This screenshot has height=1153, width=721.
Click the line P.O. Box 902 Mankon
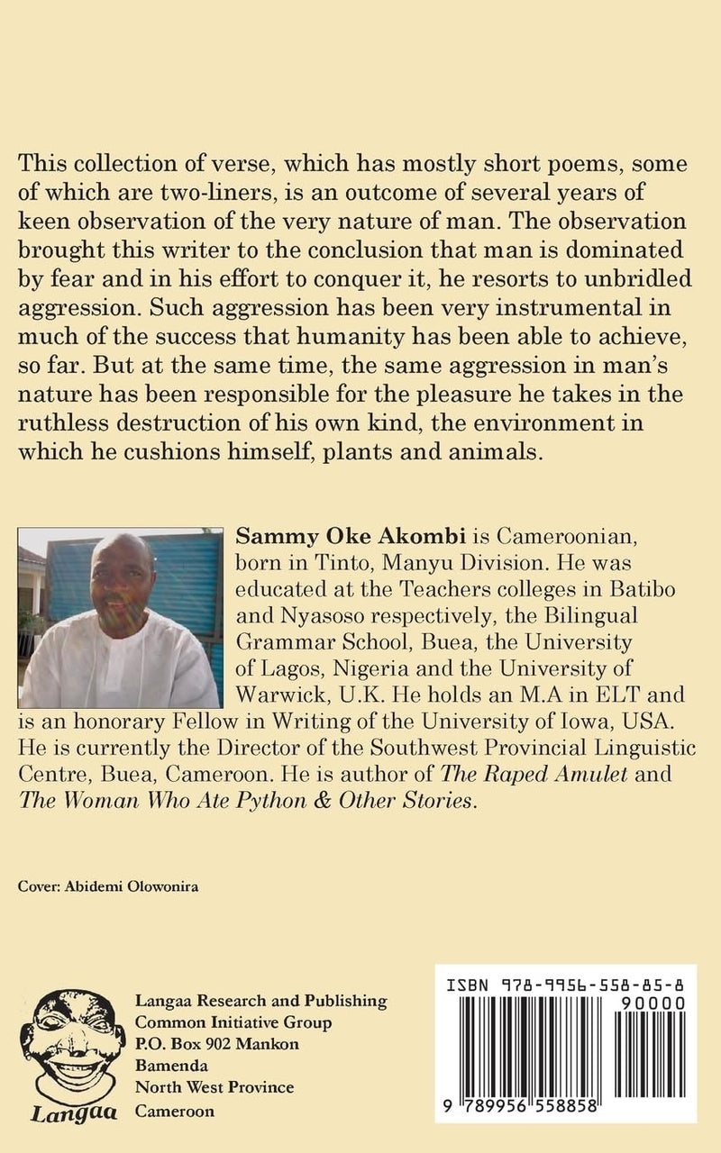[216, 1044]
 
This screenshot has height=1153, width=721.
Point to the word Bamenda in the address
[166, 1066]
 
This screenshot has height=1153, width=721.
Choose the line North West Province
[214, 1087]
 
